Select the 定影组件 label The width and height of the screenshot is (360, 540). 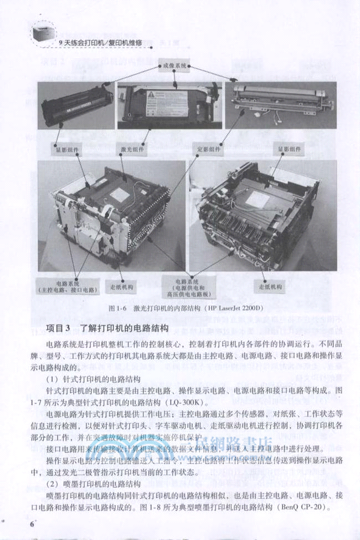pos(208,149)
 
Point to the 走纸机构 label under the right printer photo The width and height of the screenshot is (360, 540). pos(270,287)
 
